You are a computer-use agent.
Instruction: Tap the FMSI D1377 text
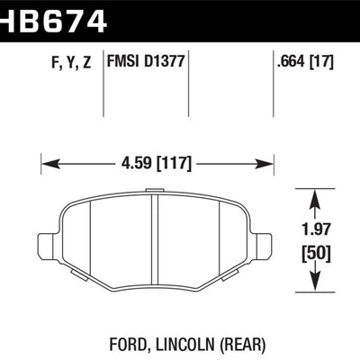146,63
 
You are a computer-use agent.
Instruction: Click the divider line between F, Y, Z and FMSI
106,81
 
